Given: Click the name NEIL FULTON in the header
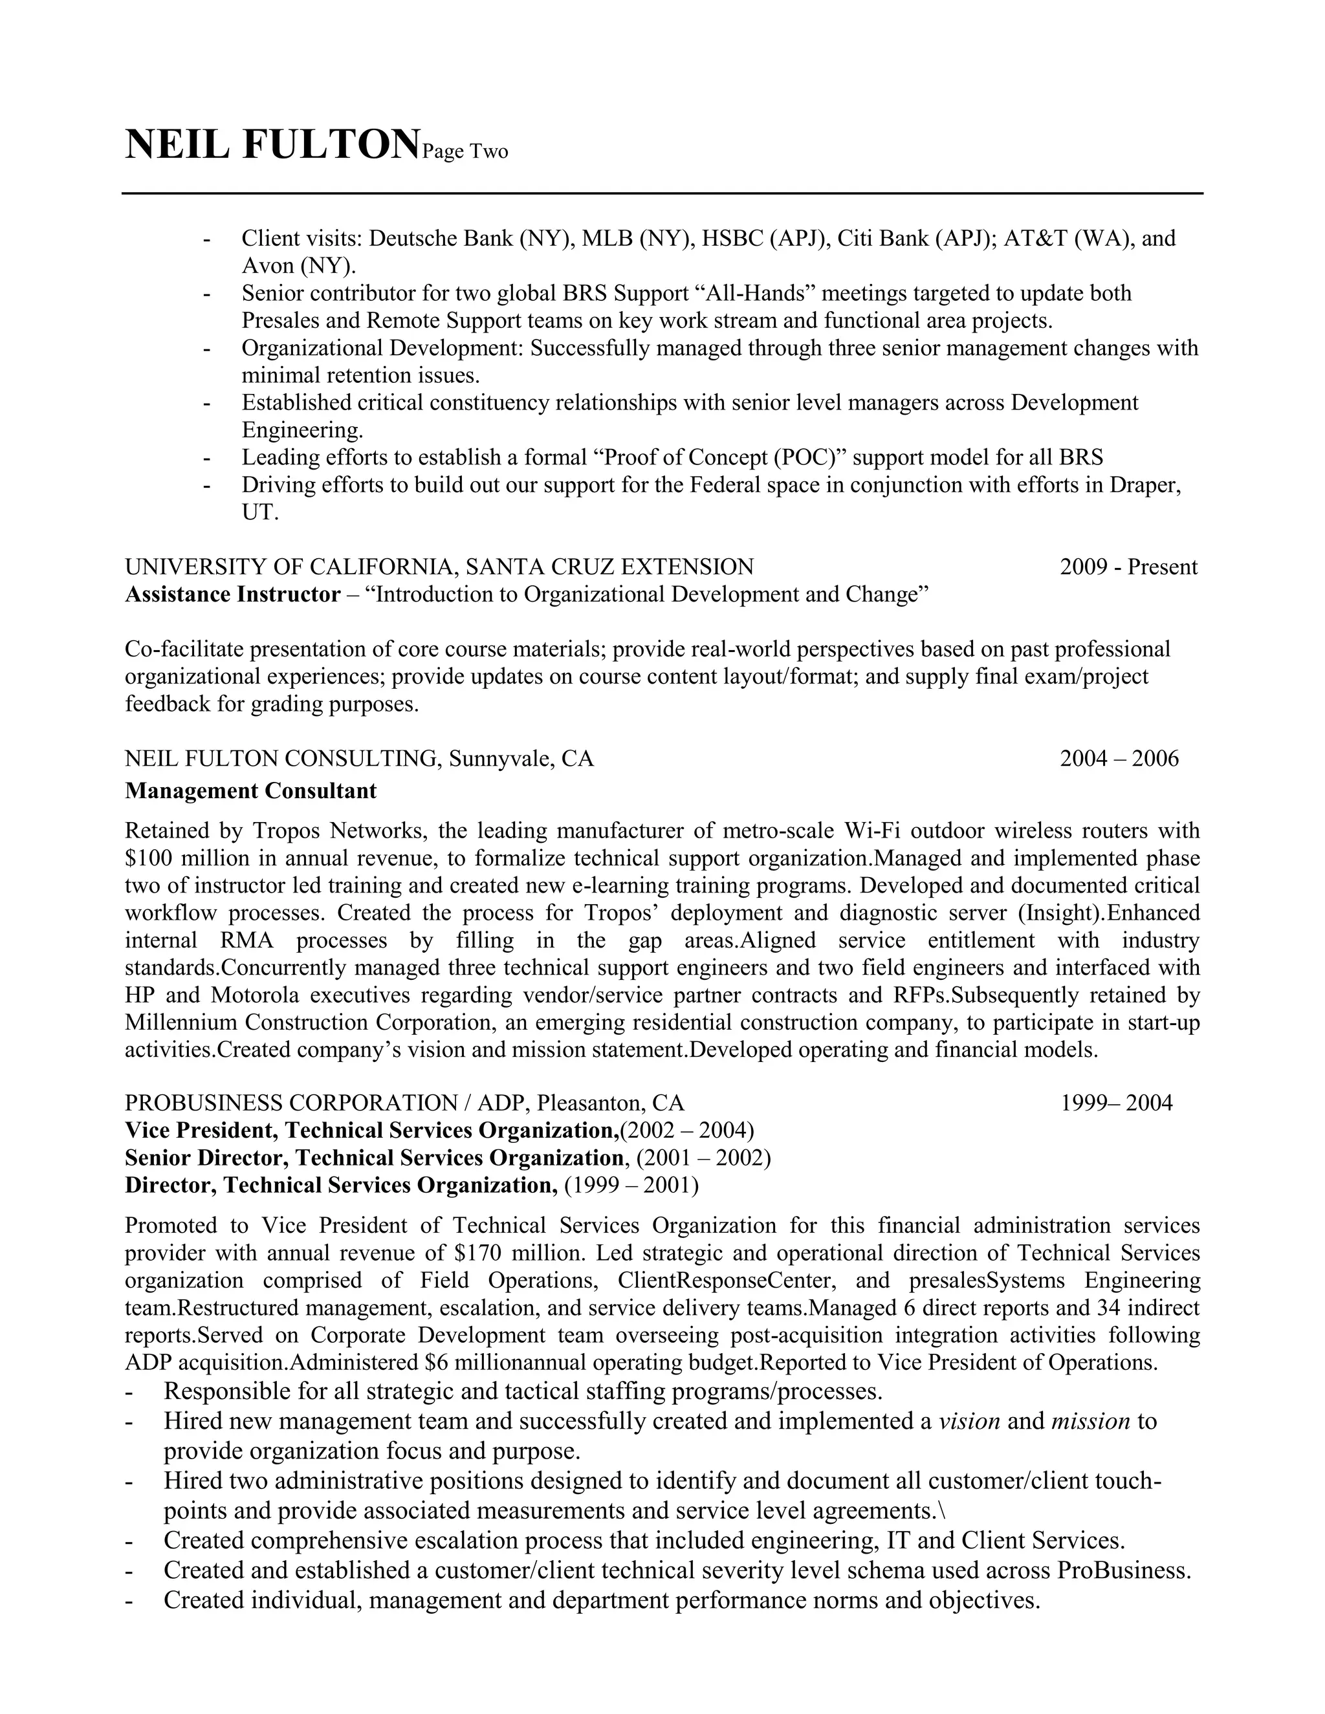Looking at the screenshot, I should point(272,145).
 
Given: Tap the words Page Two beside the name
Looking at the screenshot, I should point(465,151).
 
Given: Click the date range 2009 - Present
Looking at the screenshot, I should point(1128,567).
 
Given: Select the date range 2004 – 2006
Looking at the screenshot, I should point(1119,758).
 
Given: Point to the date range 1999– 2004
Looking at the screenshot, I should point(1116,1103).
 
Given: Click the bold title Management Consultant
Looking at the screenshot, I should point(250,790).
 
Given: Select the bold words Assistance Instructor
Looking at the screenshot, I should point(232,594).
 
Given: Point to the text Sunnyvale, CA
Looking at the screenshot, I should point(521,758).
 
